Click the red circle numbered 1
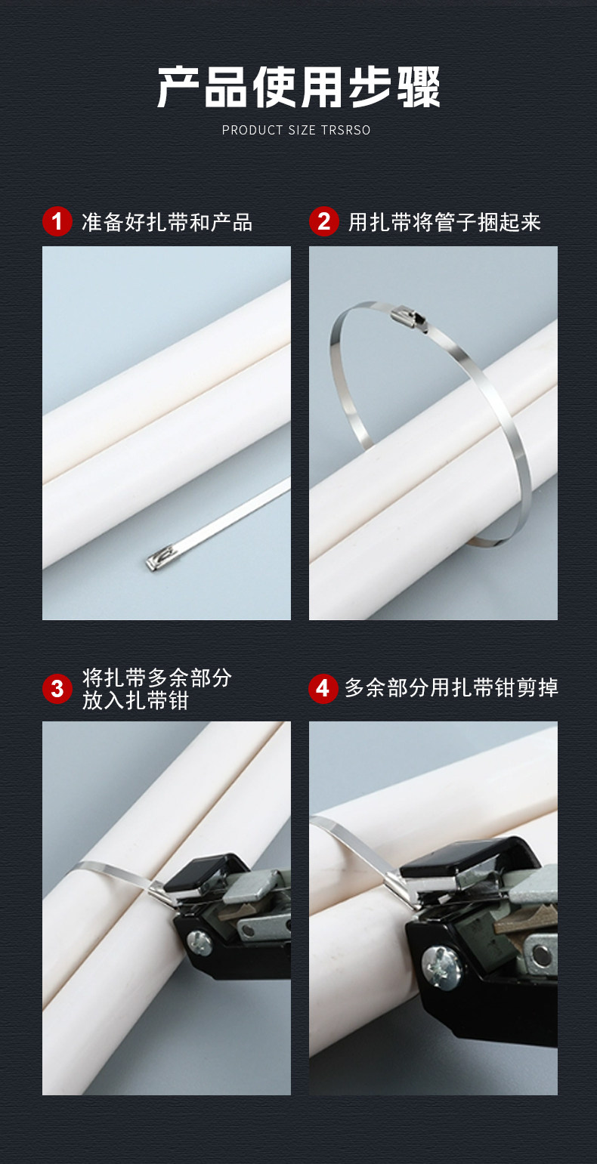pos(57,221)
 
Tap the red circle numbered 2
pos(323,221)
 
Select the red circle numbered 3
pos(57,689)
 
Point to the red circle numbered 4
pos(323,689)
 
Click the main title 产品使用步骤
pos(298,87)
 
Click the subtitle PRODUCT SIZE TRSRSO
pos(296,130)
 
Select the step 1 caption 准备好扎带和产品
pos(167,222)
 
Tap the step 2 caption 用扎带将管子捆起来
pos(444,222)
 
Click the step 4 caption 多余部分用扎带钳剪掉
pos(451,688)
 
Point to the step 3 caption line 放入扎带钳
pos(135,700)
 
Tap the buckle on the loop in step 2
pos(409,317)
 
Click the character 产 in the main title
pos(178,88)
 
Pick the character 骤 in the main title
pos(419,88)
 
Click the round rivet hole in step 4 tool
pos(542,953)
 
